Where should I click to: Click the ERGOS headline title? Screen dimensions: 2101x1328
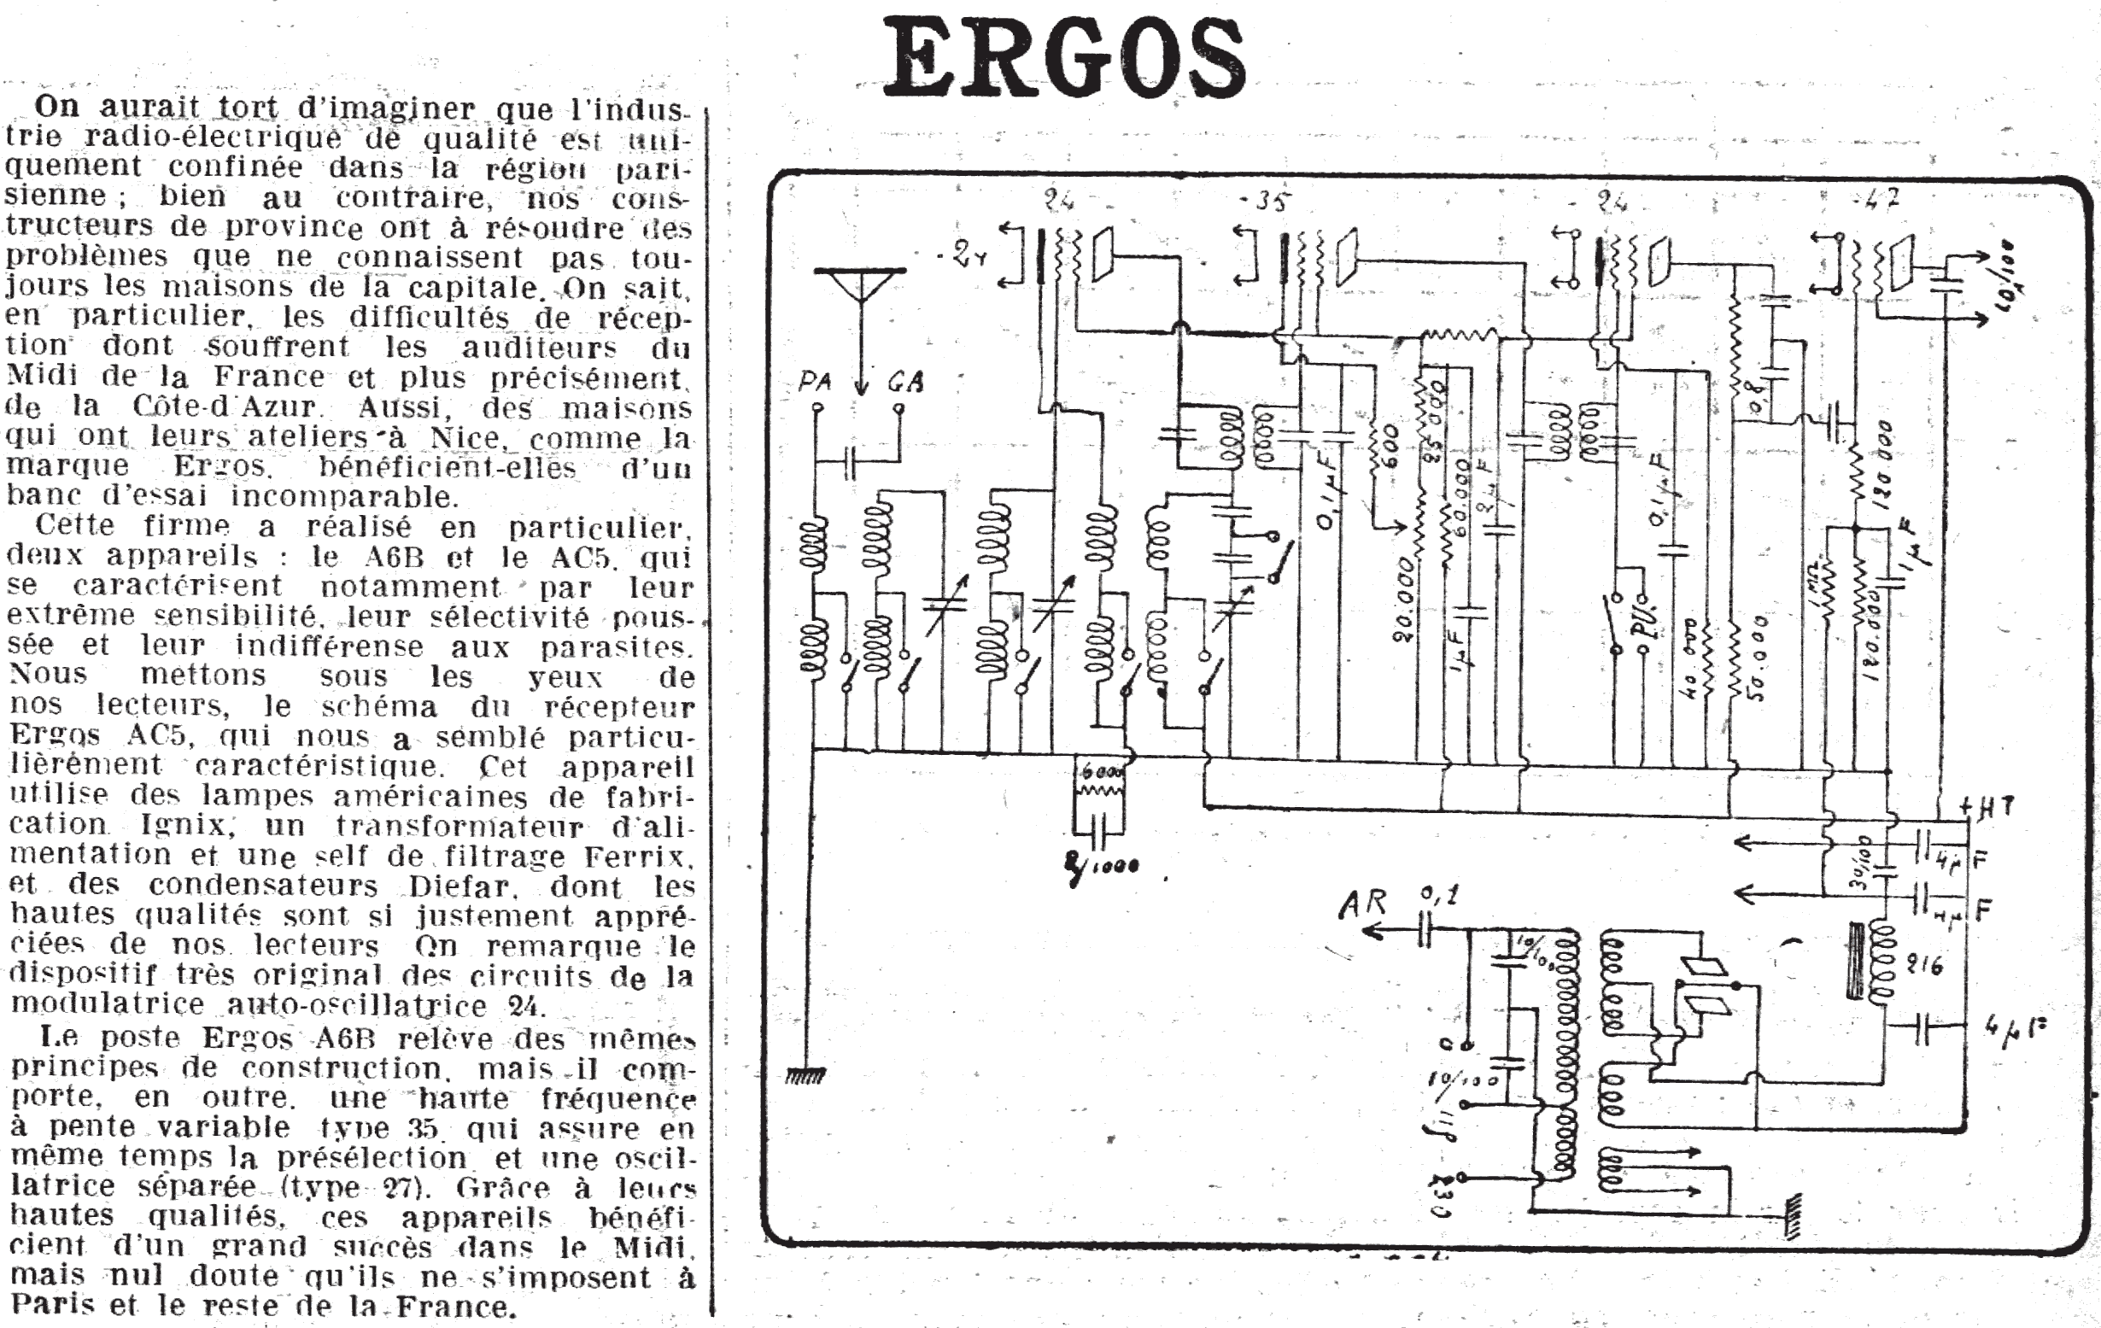pyautogui.click(x=1064, y=59)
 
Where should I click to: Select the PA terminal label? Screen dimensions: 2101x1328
pyautogui.click(x=814, y=382)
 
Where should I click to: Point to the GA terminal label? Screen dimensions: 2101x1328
pyautogui.click(x=904, y=382)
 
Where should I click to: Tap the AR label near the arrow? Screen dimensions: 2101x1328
pyautogui.click(x=1362, y=904)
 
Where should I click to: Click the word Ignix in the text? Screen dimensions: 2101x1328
pyautogui.click(x=186, y=826)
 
